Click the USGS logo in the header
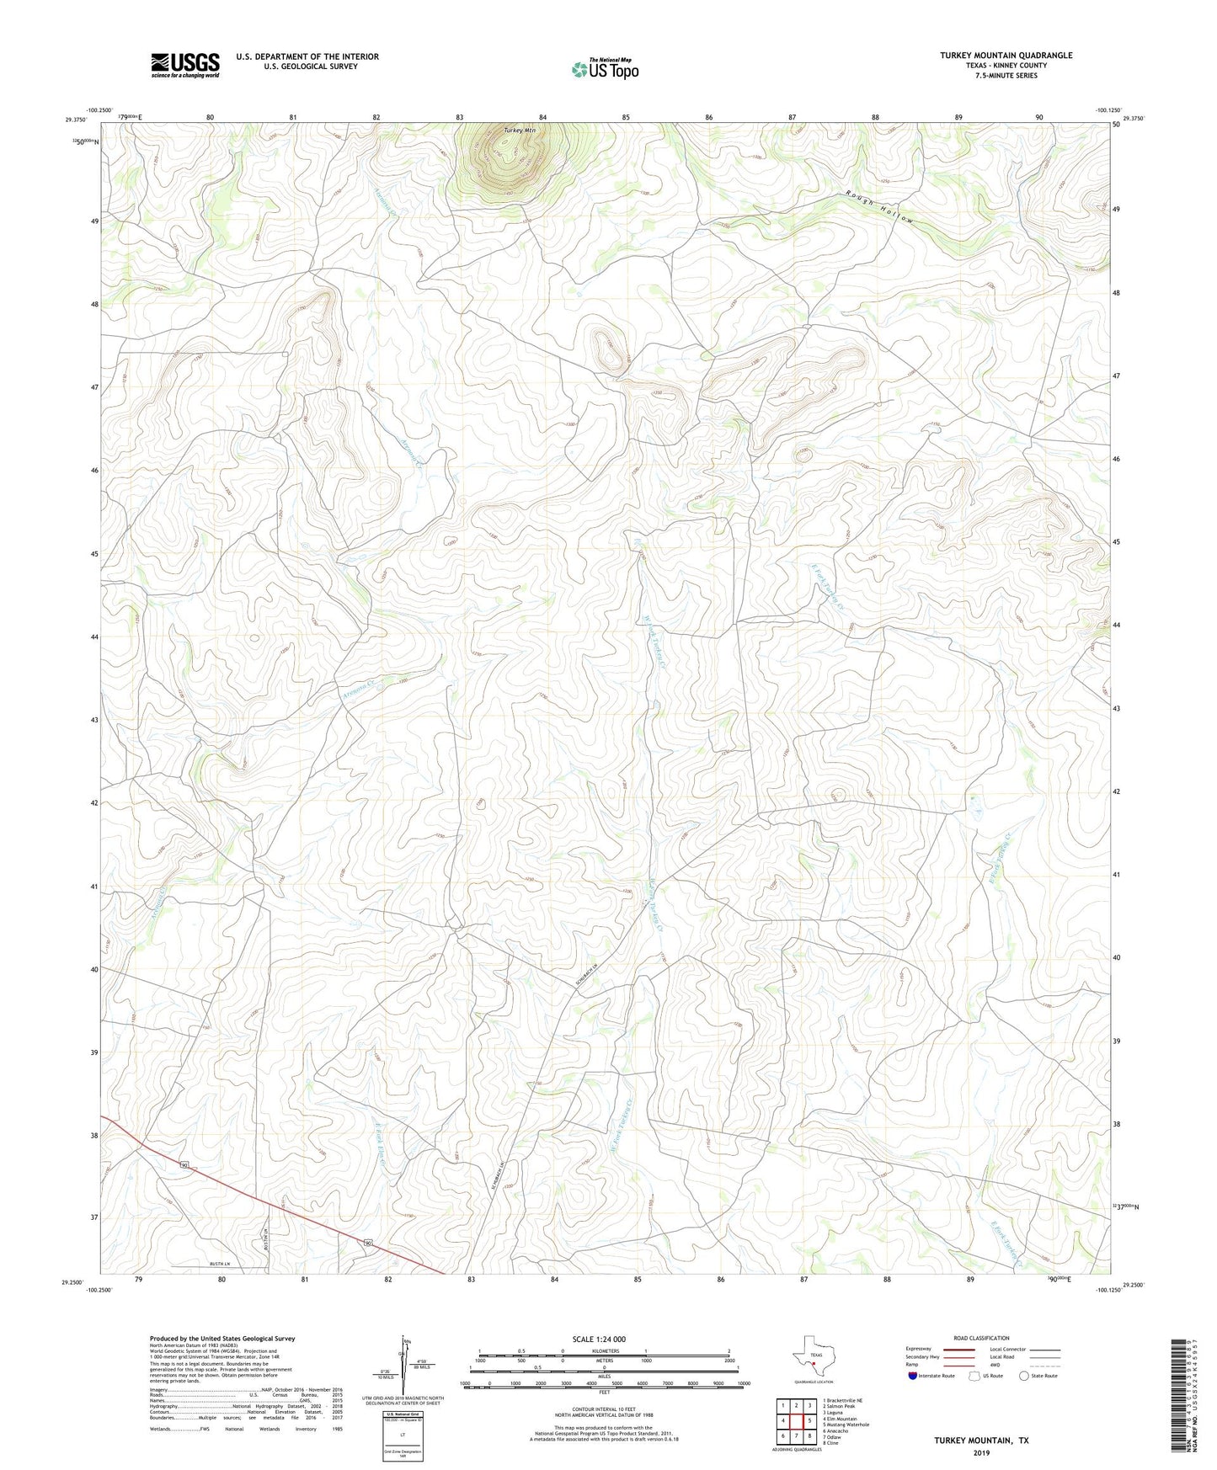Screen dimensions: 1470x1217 185,64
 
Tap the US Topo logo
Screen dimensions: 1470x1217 605,69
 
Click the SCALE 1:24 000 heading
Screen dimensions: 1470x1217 600,1339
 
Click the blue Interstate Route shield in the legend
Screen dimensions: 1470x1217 913,1376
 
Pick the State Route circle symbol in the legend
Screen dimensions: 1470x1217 1023,1376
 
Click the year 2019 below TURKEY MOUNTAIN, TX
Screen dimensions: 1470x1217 980,1452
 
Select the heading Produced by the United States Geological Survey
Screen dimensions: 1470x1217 222,1338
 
